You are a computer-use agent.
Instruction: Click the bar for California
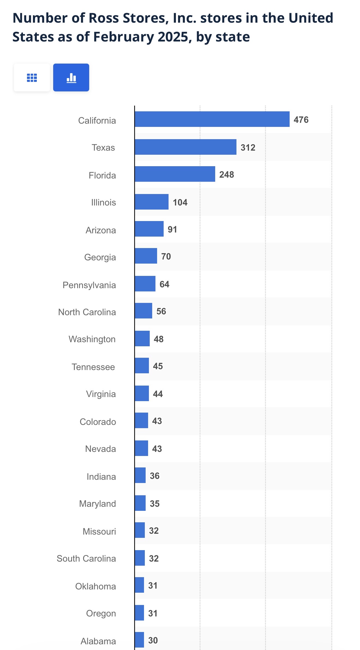click(x=212, y=119)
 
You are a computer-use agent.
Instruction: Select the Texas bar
click(x=185, y=147)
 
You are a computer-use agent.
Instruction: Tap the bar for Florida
click(x=175, y=174)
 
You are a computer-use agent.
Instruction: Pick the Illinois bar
click(x=152, y=202)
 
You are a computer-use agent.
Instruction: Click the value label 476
click(x=301, y=120)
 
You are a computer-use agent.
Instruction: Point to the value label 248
click(x=227, y=174)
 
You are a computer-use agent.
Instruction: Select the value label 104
click(x=180, y=202)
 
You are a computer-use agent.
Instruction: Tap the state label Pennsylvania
click(x=89, y=285)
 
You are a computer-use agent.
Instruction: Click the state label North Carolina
click(x=87, y=312)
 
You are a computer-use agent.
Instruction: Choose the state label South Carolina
click(x=86, y=558)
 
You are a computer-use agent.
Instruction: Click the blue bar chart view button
click(x=71, y=77)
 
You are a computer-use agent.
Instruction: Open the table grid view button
click(x=32, y=77)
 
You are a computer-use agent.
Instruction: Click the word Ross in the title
click(x=104, y=18)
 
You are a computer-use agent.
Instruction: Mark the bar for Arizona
click(x=149, y=229)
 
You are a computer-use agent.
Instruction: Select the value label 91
click(x=172, y=229)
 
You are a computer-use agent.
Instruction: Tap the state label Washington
click(x=92, y=339)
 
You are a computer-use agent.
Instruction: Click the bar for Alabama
click(x=139, y=640)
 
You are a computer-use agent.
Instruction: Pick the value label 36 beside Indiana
click(x=155, y=476)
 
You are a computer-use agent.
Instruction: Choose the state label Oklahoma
click(x=95, y=586)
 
